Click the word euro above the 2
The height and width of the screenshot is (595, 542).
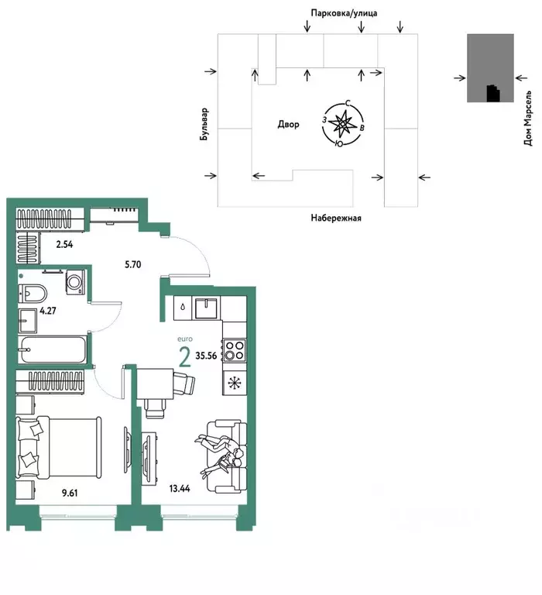(x=186, y=339)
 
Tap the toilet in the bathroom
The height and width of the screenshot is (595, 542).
(x=33, y=293)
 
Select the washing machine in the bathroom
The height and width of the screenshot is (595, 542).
(x=74, y=282)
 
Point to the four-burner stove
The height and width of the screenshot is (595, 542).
(x=234, y=350)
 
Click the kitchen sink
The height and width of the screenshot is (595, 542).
(x=207, y=308)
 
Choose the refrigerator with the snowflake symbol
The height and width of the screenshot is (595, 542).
(x=234, y=382)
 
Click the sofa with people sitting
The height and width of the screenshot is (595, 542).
(x=224, y=449)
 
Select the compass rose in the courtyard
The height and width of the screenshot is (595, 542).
(x=340, y=124)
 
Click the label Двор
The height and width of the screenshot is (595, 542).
(x=288, y=124)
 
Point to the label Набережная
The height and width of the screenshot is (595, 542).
(x=336, y=218)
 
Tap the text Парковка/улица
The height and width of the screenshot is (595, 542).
(x=344, y=13)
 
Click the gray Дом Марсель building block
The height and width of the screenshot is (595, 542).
(x=489, y=68)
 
